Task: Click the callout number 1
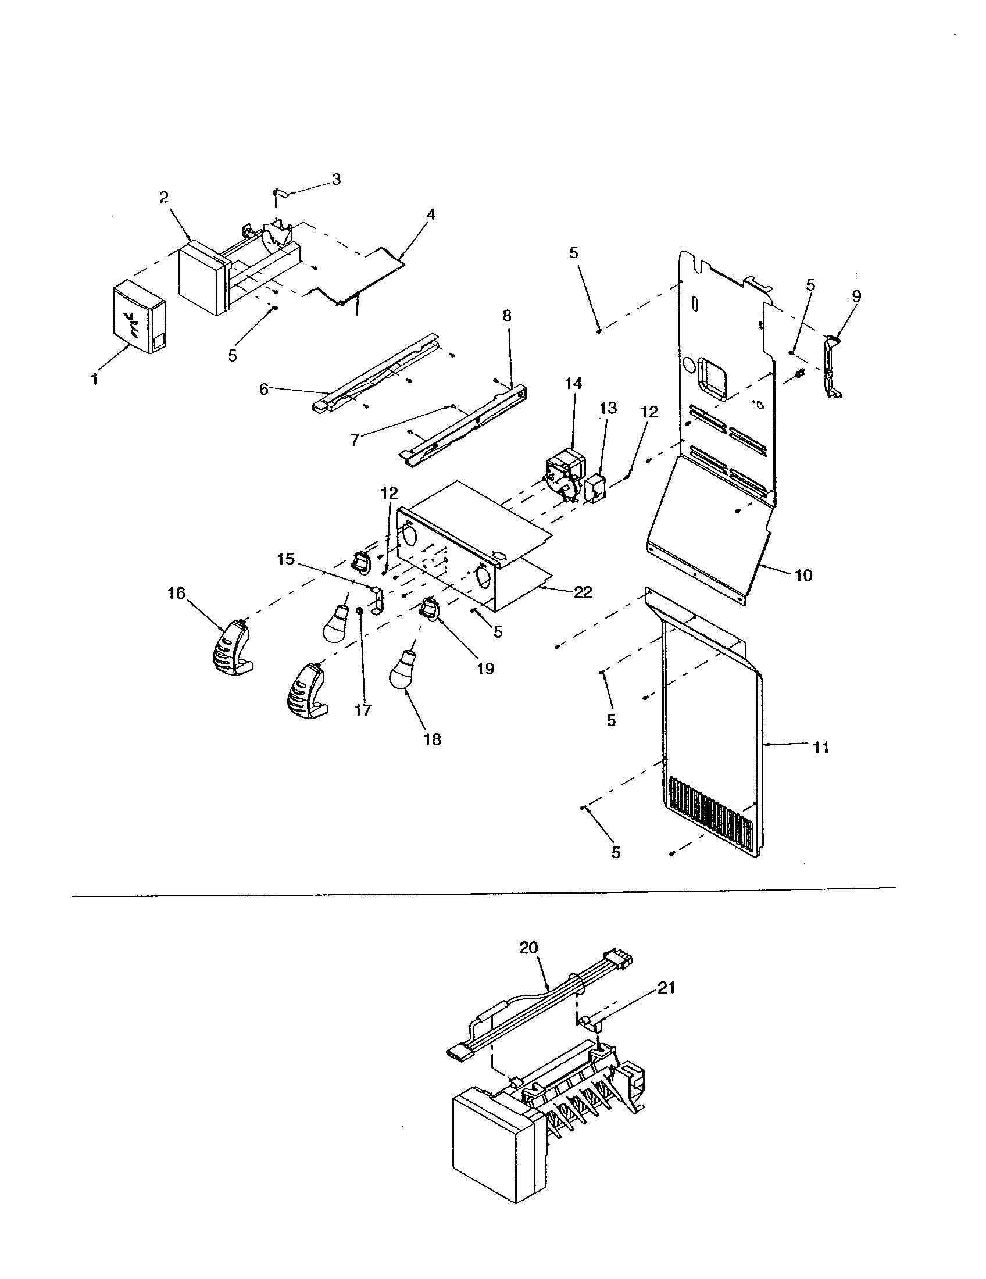pos(94,380)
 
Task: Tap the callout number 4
pos(431,215)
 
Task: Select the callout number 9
pos(856,296)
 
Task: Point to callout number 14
pos(574,384)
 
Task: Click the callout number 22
pos(583,592)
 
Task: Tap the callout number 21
pos(666,988)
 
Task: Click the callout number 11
pos(821,748)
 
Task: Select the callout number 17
pos(363,710)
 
